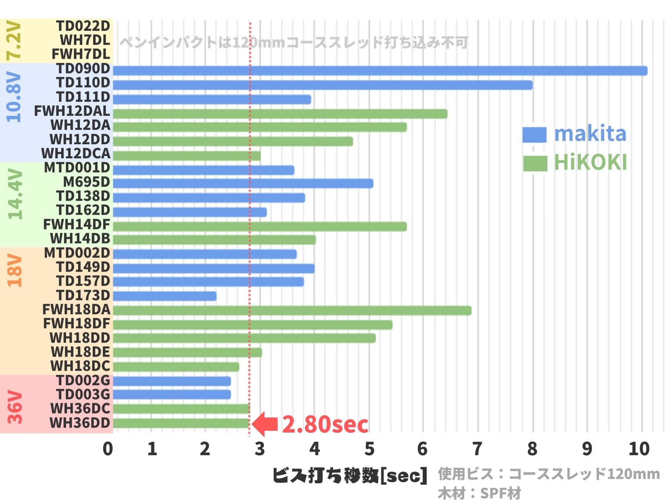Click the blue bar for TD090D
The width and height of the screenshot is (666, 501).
[x=380, y=71]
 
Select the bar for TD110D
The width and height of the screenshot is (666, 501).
[x=322, y=85]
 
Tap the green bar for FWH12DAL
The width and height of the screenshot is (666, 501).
[x=280, y=114]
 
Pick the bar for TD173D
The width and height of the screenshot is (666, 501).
[x=164, y=296]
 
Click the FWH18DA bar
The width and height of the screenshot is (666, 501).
[x=292, y=311]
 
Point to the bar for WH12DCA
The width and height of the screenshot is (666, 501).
[x=187, y=156]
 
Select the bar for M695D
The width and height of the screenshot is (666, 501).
[x=243, y=183]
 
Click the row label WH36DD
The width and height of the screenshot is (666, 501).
[x=80, y=423]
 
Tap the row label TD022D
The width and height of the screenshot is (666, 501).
[x=83, y=26]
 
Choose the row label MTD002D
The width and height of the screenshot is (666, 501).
[x=77, y=253]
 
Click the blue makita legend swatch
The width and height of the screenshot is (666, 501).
[x=534, y=135]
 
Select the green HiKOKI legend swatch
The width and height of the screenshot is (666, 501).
[x=535, y=163]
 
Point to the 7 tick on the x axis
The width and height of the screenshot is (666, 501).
[x=477, y=449]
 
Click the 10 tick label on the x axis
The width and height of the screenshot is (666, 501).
[x=639, y=449]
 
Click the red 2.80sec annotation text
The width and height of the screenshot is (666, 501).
[x=325, y=425]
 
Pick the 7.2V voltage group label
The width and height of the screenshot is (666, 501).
[x=14, y=40]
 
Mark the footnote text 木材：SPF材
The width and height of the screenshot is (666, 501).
[x=479, y=493]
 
